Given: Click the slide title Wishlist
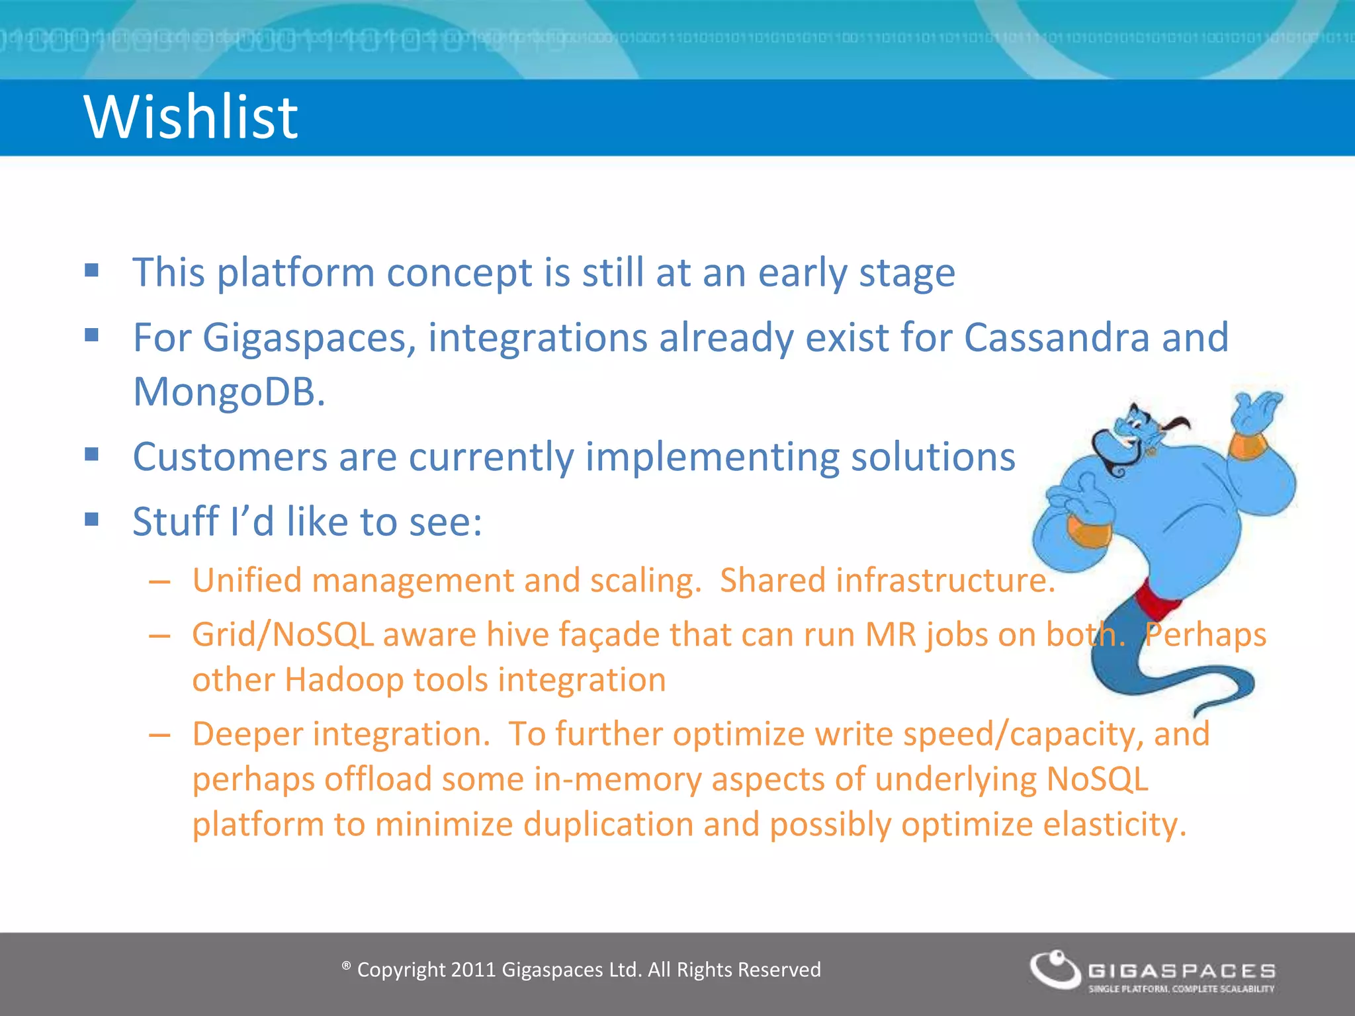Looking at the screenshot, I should [191, 117].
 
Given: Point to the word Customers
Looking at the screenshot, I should [230, 456].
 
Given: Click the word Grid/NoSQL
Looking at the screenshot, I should [283, 634].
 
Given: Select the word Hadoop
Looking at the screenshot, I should [343, 680].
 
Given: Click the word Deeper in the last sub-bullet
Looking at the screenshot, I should [247, 734].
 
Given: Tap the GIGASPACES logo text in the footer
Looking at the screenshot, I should [1182, 970].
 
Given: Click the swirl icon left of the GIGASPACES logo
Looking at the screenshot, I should [1055, 969].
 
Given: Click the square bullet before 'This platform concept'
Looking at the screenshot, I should [92, 270].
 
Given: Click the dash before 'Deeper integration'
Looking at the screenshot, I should [159, 735].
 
